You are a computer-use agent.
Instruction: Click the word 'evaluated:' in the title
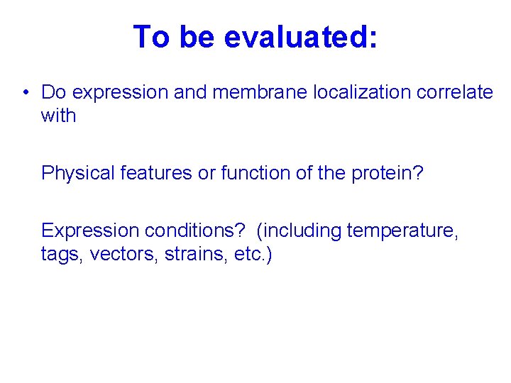[300, 37]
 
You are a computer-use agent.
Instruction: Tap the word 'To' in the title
[152, 37]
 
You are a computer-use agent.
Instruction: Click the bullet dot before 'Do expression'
[25, 92]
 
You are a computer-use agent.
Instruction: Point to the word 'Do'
[54, 92]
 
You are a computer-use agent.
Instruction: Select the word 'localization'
[336, 92]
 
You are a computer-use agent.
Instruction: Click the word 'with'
[58, 116]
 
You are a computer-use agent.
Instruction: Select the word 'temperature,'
[402, 231]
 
